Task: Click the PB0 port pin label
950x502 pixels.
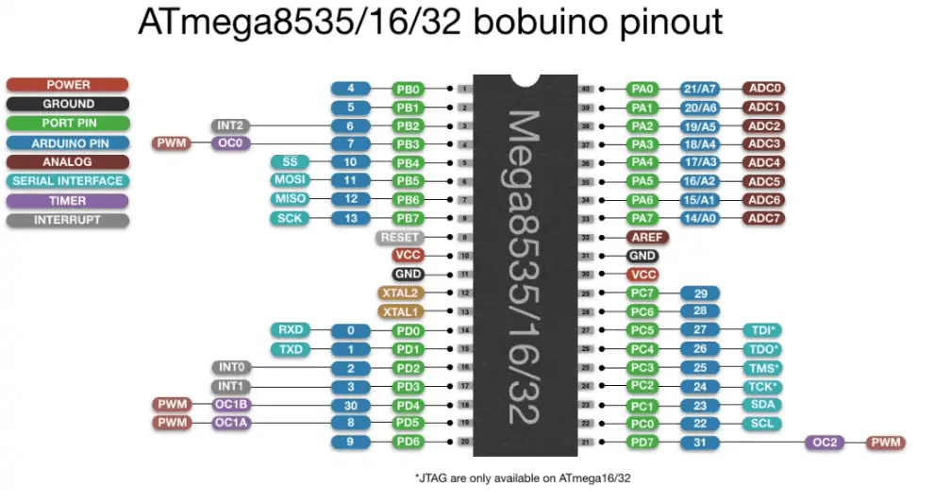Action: pyautogui.click(x=410, y=89)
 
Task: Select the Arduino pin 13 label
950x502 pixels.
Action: pyautogui.click(x=351, y=218)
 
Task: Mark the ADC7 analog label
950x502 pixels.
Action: pyautogui.click(x=764, y=218)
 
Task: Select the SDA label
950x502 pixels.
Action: pyautogui.click(x=762, y=404)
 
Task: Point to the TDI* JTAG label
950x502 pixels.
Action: pyautogui.click(x=762, y=330)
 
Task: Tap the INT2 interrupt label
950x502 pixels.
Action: pyautogui.click(x=231, y=125)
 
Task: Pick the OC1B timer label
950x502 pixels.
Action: pyautogui.click(x=231, y=404)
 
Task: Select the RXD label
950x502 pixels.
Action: pyautogui.click(x=290, y=330)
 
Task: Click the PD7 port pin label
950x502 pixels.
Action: pyautogui.click(x=644, y=442)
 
